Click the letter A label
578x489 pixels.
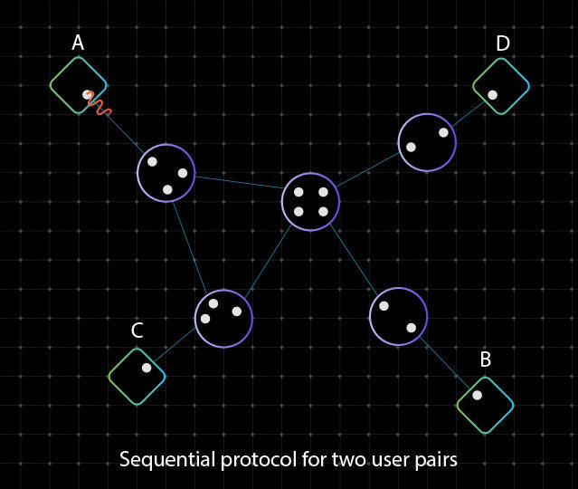(78, 43)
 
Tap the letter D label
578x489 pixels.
(503, 43)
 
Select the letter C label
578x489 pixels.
(137, 331)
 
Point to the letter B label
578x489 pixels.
(486, 360)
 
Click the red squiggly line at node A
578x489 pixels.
(98, 104)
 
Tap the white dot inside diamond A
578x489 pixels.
(87, 94)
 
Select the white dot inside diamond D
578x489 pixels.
(492, 95)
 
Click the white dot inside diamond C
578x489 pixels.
(147, 368)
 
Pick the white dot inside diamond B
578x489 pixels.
(477, 395)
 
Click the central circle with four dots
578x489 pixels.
(310, 202)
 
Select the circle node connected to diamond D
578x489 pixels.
(427, 142)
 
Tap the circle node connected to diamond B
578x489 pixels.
(398, 317)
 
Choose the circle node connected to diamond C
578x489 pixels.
(223, 319)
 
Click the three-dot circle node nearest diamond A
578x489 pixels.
(166, 174)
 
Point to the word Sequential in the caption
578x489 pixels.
(167, 460)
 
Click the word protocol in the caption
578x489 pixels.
(259, 459)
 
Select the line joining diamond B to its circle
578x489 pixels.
(444, 363)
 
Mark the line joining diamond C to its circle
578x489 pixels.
(175, 345)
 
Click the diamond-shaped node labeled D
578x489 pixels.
(501, 86)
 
